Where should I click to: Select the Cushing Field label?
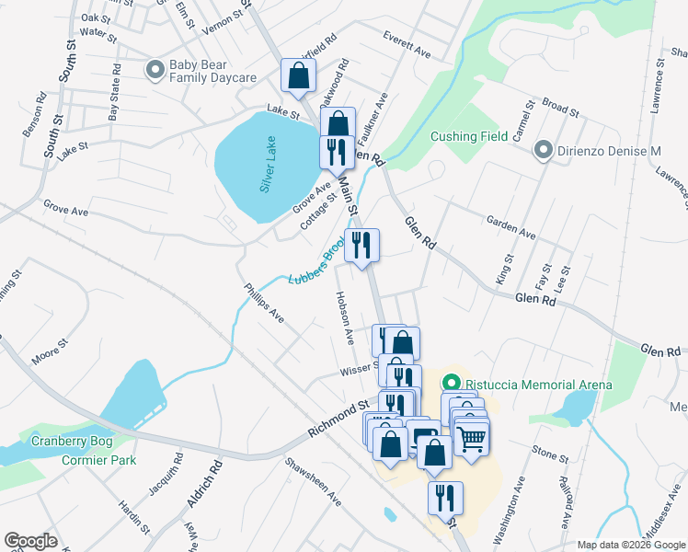469,136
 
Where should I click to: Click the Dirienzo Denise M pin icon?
545,150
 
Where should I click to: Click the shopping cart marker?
471,439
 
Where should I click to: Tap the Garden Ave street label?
510,229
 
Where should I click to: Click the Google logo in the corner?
30,541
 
